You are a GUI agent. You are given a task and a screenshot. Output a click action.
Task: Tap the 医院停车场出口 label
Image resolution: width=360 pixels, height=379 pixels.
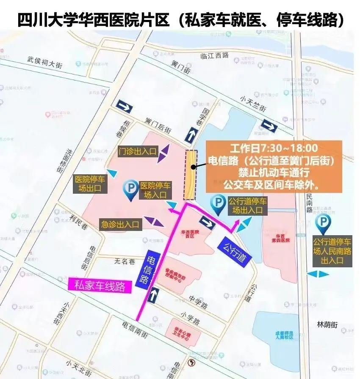coord(90,184)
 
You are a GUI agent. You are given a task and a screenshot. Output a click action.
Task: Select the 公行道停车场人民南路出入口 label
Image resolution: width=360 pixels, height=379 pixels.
coord(332,251)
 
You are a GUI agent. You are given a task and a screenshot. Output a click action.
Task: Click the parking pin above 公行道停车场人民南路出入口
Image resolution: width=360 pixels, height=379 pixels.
coord(324,224)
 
